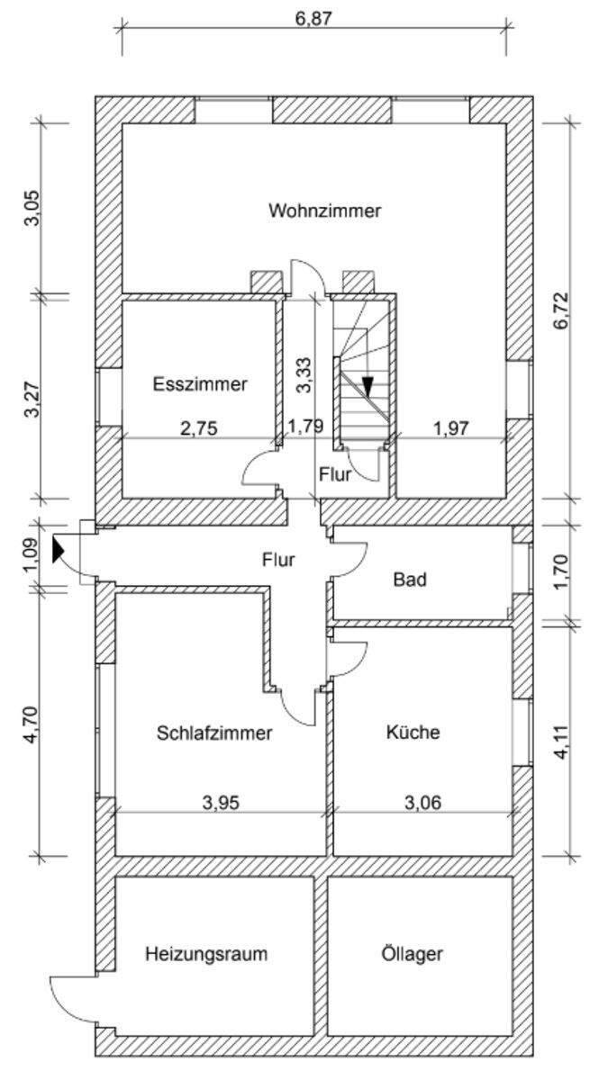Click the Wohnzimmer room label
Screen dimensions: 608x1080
[324, 211]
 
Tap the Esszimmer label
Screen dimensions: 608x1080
[200, 384]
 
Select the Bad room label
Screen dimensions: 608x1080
[410, 579]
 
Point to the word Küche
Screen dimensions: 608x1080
[413, 733]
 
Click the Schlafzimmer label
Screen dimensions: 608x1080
[213, 733]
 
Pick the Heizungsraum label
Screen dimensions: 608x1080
[206, 954]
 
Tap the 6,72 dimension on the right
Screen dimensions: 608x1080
[563, 310]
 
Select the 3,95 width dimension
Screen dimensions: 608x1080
[221, 804]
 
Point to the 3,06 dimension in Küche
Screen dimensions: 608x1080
[422, 804]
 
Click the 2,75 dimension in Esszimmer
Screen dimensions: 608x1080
[199, 428]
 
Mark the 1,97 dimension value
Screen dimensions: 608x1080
[450, 428]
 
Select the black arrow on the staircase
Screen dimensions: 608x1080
[368, 386]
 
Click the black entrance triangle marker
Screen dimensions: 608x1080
[59, 549]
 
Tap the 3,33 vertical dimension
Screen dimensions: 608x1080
[304, 374]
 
